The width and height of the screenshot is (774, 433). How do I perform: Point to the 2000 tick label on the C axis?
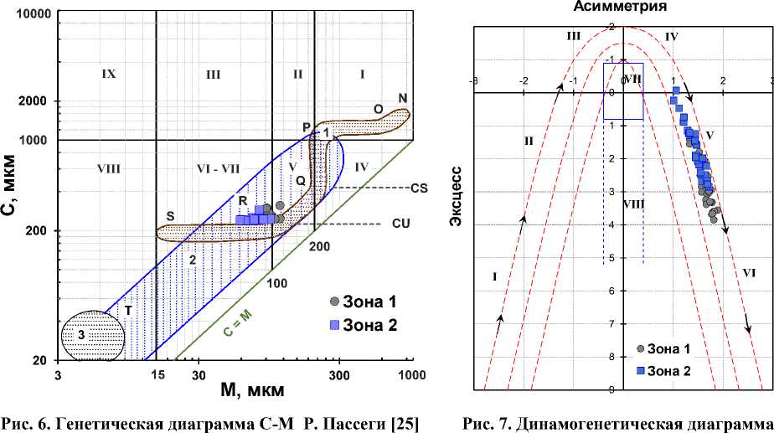pos(38,101)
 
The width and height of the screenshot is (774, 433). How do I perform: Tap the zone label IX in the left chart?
pos(108,74)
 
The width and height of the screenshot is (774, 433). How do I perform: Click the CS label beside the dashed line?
pos(419,188)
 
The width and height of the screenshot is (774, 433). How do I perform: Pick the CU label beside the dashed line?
pos(401,224)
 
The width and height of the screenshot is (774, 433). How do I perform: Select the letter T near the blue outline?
pos(128,309)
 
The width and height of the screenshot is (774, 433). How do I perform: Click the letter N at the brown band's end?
pos(403,98)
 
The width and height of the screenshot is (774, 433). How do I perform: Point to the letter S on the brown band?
pos(170,216)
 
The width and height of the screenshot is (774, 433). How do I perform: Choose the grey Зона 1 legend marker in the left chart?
pos(334,302)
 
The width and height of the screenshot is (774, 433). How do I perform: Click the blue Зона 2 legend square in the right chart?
pos(642,370)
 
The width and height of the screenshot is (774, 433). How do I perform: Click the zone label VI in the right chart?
pos(749,272)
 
